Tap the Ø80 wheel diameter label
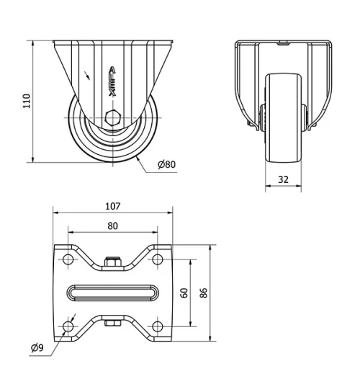(x=166, y=164)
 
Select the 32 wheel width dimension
(x=284, y=179)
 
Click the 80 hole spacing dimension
(x=112, y=225)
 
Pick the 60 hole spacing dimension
(x=184, y=293)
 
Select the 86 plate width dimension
(x=204, y=293)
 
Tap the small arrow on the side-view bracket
(x=88, y=73)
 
